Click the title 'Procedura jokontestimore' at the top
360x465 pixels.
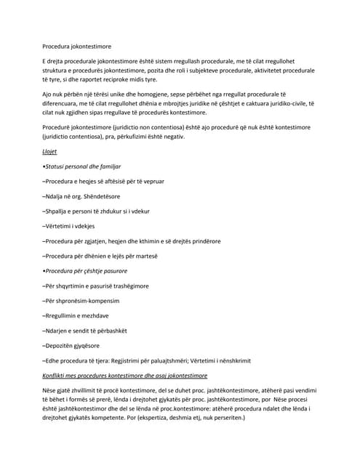[x=81, y=46]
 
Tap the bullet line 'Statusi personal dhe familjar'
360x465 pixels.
[x=81, y=166]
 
